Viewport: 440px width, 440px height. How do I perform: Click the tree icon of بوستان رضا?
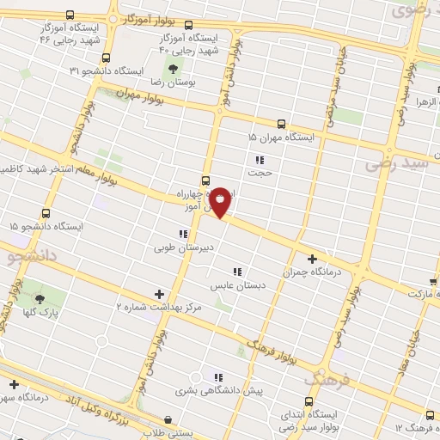point(174,67)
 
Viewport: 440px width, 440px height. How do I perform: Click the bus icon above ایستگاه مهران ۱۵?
point(282,124)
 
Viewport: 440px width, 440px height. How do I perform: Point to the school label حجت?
point(260,172)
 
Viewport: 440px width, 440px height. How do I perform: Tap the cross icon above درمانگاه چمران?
point(312,258)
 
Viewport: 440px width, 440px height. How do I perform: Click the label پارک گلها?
point(40,314)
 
